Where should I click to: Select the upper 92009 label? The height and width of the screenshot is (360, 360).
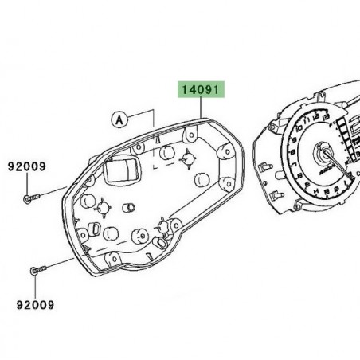coord(26,168)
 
